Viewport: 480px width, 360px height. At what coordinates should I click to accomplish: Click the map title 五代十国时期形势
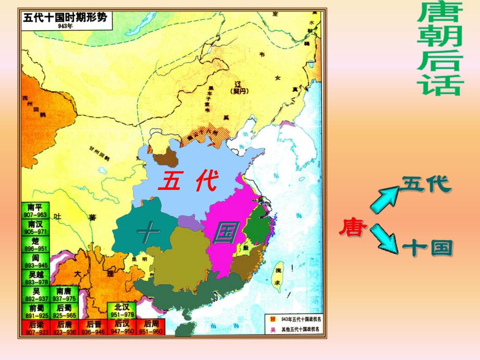[65, 17]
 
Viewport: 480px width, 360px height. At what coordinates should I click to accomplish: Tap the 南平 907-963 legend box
[35, 210]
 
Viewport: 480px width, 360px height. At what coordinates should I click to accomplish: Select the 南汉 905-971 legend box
[35, 227]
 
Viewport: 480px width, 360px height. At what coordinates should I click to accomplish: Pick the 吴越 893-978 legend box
[35, 278]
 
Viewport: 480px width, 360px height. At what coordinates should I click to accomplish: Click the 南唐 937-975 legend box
[64, 294]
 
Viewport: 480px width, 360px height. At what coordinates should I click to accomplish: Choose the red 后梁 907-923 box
[35, 328]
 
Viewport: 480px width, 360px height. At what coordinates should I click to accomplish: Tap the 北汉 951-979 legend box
[122, 311]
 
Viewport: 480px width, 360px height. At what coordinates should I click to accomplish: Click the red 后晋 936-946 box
[93, 328]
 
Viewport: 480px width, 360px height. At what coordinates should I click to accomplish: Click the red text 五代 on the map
[187, 181]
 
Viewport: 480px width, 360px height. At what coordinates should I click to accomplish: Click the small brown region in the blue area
[169, 157]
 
